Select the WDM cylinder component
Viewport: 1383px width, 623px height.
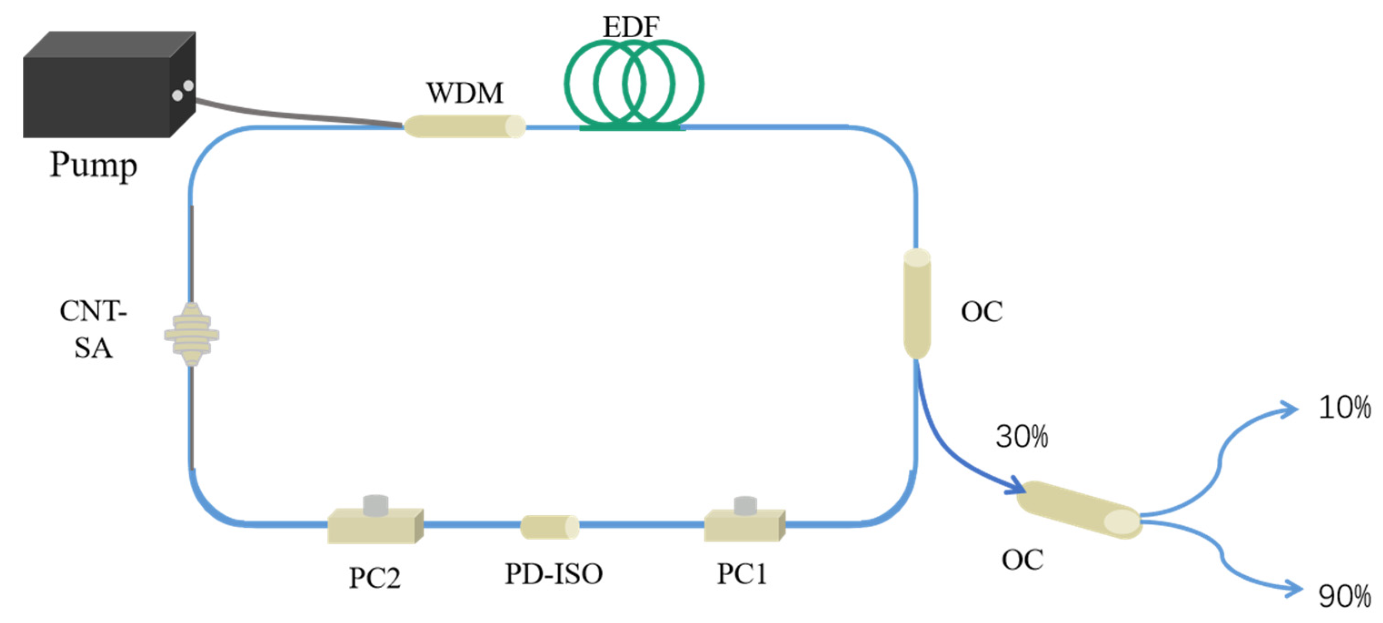[465, 127]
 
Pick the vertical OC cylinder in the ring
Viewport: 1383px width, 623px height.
[917, 304]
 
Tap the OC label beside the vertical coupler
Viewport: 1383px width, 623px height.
[981, 312]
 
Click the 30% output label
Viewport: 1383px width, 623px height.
[1022, 436]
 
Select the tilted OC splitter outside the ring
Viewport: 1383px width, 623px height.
[1079, 509]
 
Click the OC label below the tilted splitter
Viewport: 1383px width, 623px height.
[1022, 560]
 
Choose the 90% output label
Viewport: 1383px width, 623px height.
[1344, 596]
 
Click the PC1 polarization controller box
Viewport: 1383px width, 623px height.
[745, 523]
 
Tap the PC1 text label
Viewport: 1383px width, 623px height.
[742, 573]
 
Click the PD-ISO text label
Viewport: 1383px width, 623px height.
[553, 573]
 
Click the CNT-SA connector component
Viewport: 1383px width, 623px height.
[192, 334]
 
